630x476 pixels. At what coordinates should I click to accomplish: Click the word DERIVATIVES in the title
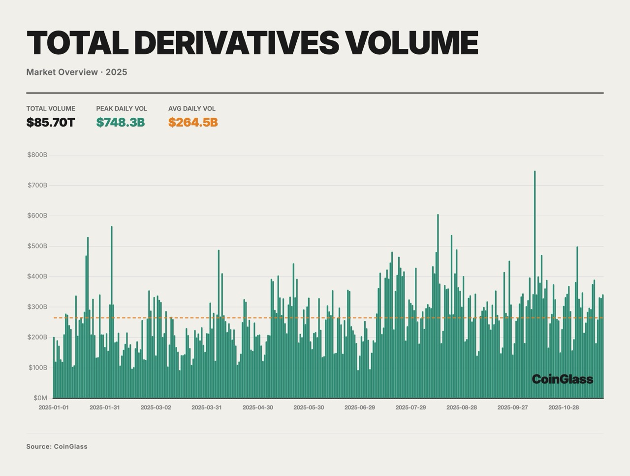(x=236, y=43)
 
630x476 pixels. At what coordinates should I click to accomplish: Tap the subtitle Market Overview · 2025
(x=77, y=72)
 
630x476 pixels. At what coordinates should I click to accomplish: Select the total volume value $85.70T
(x=51, y=122)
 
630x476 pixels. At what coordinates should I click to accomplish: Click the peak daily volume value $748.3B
(x=121, y=122)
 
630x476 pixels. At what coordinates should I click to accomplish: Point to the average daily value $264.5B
(x=193, y=122)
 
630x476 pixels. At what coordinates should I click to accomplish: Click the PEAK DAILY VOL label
(x=122, y=108)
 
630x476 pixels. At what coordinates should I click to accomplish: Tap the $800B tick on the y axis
(x=37, y=155)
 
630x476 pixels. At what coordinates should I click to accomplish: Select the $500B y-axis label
(x=37, y=246)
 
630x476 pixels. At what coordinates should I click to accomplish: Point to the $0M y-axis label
(x=40, y=398)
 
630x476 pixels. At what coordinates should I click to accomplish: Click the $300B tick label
(x=37, y=306)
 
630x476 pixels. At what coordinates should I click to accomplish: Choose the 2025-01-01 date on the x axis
(x=54, y=408)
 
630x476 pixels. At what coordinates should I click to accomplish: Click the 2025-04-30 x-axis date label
(x=257, y=408)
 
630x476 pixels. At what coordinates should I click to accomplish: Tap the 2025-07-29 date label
(x=410, y=408)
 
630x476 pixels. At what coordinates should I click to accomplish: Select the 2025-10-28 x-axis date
(x=564, y=408)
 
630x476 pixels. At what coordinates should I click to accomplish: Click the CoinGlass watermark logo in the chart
(x=563, y=379)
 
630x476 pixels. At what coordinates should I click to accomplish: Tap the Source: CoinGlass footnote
(x=57, y=446)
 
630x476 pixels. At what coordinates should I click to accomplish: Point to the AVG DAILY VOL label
(x=192, y=108)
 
